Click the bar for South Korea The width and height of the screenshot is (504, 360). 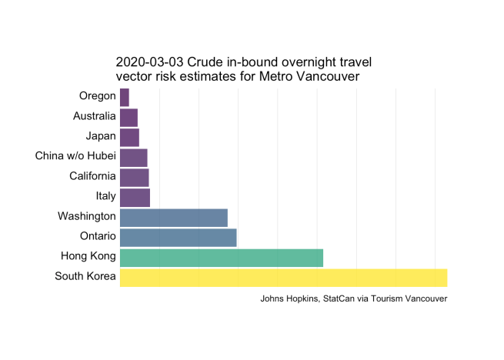[x=283, y=277]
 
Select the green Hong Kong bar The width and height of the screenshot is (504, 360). [x=222, y=257]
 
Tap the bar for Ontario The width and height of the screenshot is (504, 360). [x=178, y=237]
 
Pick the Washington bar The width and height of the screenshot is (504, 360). [x=174, y=217]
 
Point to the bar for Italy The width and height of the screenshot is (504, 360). [x=135, y=197]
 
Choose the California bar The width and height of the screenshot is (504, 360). [x=134, y=177]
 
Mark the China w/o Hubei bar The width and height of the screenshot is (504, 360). [x=133, y=157]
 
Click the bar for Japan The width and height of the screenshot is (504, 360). [x=129, y=137]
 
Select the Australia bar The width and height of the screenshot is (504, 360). [x=129, y=117]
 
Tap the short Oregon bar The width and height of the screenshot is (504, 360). [x=125, y=97]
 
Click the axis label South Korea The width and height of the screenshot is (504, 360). [x=85, y=277]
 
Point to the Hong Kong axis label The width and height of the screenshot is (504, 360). [x=88, y=257]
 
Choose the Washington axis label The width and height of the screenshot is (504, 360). [x=87, y=217]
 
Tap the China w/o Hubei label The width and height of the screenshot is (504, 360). [x=75, y=157]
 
